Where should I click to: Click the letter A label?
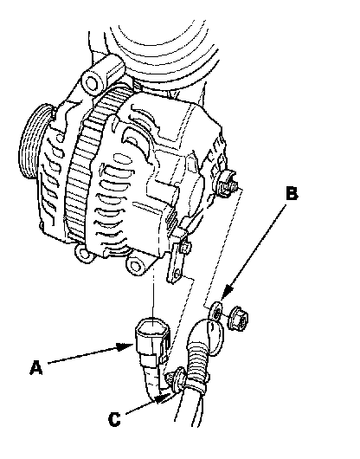click(35, 368)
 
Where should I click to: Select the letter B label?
click(292, 193)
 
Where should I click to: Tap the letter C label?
click(114, 419)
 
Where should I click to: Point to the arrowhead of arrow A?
click(125, 347)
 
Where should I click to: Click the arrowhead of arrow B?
click(228, 293)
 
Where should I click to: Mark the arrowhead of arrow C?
click(163, 398)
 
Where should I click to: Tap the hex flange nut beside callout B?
click(238, 319)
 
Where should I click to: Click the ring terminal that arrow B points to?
click(216, 314)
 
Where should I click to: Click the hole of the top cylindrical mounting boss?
click(92, 83)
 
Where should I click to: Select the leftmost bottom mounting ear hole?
click(84, 252)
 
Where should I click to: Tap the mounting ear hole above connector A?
click(135, 266)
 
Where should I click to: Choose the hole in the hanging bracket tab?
click(177, 274)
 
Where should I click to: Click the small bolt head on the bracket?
click(185, 247)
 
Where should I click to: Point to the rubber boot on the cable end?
click(209, 337)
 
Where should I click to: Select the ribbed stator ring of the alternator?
click(85, 164)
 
